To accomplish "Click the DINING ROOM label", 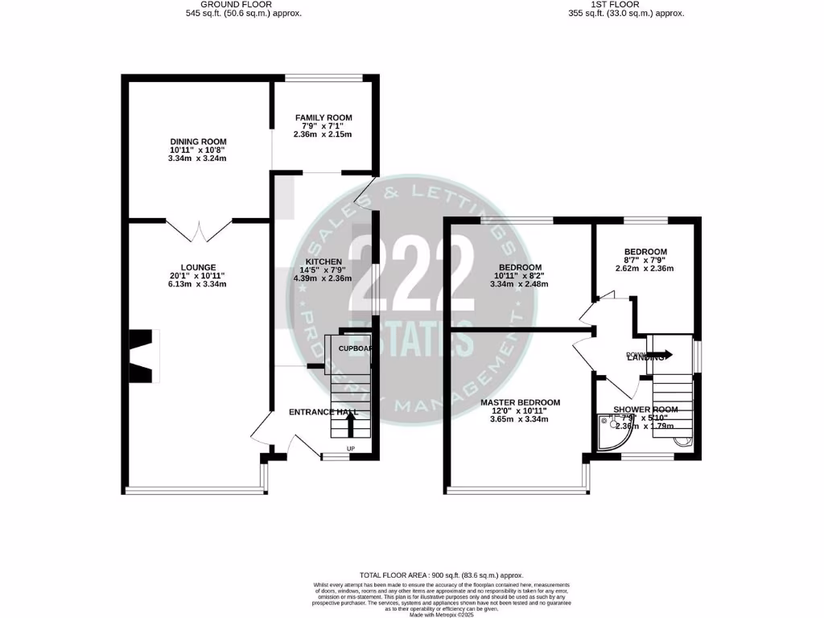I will [x=198, y=142].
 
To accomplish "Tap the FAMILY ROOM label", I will [x=323, y=117].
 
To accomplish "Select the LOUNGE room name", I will [x=198, y=267].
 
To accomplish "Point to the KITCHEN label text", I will [x=323, y=262].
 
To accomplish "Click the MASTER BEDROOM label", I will [x=520, y=402].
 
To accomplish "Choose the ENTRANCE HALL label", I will [x=323, y=412].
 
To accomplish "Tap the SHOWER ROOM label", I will [x=645, y=410].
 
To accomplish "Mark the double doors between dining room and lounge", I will [x=200, y=230].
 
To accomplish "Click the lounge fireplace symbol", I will [x=142, y=356].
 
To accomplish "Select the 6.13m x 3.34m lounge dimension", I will [x=198, y=284].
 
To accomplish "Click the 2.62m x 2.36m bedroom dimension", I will [x=645, y=269].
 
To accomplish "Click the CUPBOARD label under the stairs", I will [x=354, y=348].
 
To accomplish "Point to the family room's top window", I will [x=323, y=78].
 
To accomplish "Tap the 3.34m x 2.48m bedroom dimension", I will [x=520, y=284].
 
